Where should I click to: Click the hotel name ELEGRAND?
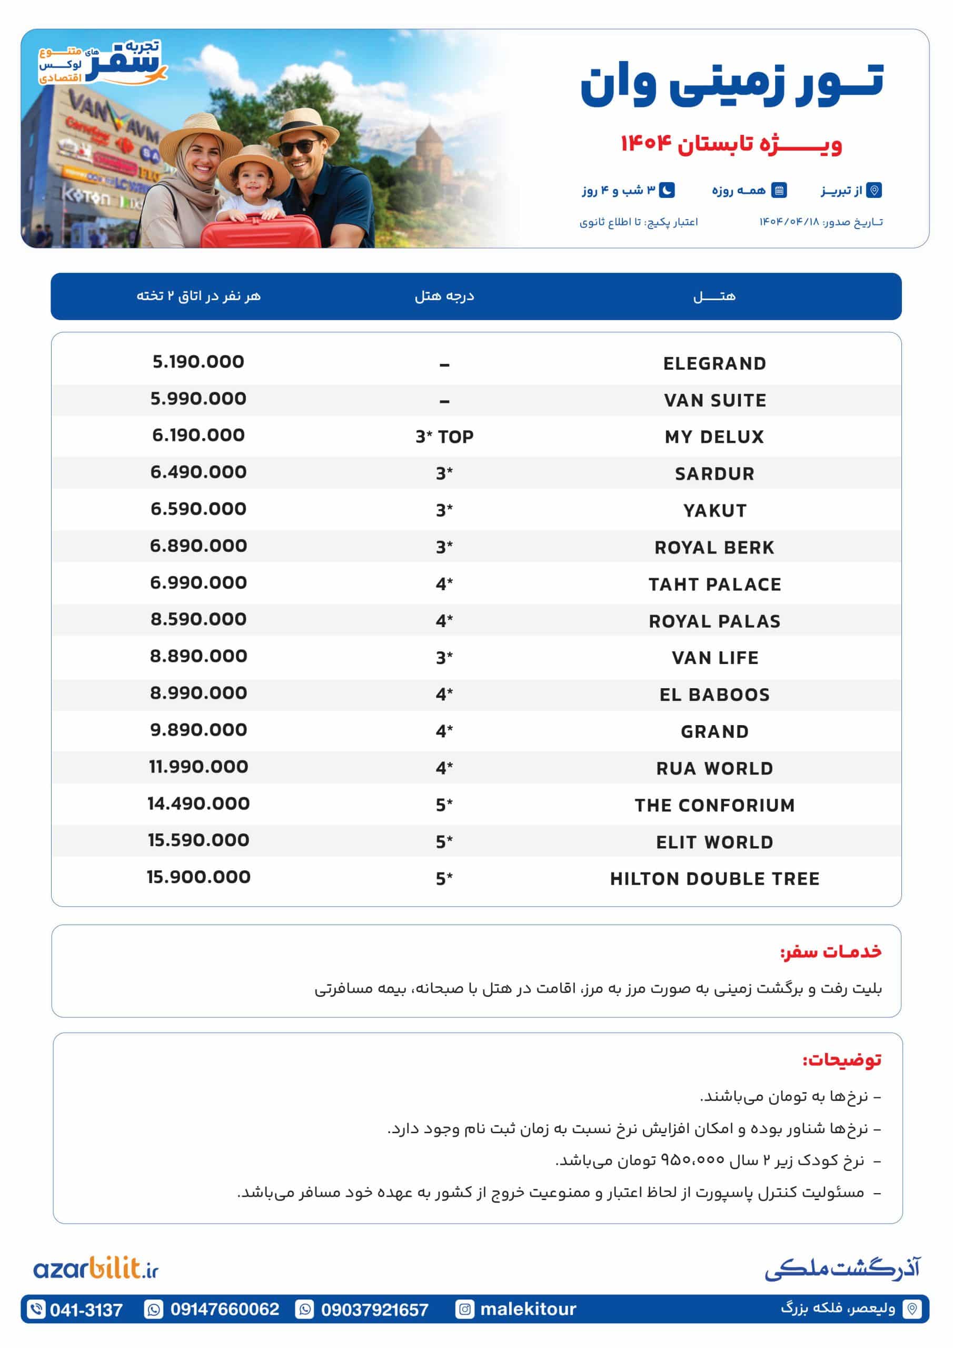coord(714,363)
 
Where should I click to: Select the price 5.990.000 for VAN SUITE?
coord(198,399)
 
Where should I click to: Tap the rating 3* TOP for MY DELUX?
coord(444,437)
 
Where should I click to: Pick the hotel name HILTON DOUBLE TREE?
coord(714,878)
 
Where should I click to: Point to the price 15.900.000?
coord(198,877)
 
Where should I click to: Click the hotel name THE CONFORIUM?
coord(714,805)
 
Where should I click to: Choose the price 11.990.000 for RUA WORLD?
coord(198,766)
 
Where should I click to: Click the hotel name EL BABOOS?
coord(714,695)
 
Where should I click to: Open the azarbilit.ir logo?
coord(96,1268)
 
